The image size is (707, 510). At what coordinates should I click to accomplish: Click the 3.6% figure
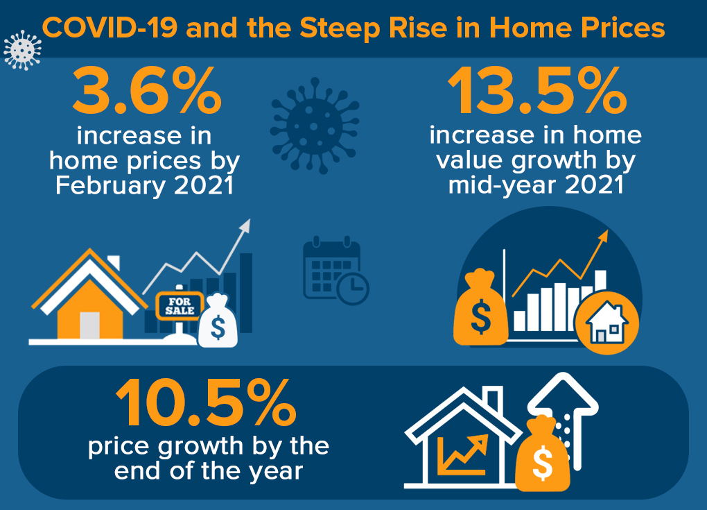[x=147, y=90]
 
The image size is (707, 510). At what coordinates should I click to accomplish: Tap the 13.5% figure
[x=537, y=90]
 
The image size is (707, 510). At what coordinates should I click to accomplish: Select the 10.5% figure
[x=206, y=402]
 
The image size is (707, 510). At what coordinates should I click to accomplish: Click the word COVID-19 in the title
[x=110, y=28]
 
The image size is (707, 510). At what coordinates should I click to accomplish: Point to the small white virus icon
[x=22, y=50]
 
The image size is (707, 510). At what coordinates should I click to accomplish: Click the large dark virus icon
[x=315, y=126]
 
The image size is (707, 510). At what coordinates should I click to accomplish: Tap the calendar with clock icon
[x=336, y=270]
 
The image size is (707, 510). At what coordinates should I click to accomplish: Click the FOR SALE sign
[x=179, y=305]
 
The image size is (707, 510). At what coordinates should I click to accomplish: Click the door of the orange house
[x=89, y=325]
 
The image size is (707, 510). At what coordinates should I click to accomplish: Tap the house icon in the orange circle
[x=607, y=322]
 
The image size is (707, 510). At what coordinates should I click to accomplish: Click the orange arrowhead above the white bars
[x=603, y=236]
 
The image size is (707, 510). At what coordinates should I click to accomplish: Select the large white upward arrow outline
[x=564, y=420]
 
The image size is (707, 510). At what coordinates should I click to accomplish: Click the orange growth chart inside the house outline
[x=462, y=455]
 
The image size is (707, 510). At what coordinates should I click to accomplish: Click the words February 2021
[x=145, y=185]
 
